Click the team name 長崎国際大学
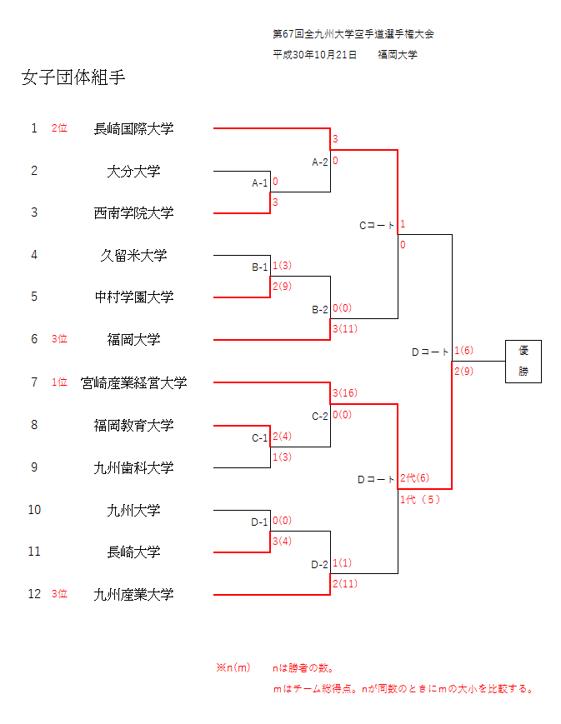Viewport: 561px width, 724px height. click(133, 128)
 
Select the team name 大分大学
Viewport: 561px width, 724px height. click(133, 171)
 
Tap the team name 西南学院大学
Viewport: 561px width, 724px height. click(133, 212)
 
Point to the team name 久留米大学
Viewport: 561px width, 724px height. click(133, 255)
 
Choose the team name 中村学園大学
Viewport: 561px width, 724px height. click(133, 297)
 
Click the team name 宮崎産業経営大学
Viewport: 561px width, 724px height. click(133, 382)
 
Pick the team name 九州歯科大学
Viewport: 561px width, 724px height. click(133, 467)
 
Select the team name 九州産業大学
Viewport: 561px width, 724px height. click(133, 594)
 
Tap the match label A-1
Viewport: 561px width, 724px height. click(260, 182)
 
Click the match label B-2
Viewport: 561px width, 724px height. click(320, 309)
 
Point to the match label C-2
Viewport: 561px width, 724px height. click(320, 416)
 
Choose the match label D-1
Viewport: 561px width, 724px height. click(260, 522)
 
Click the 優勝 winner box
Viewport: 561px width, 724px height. click(523, 361)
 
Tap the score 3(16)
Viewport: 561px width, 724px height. click(345, 393)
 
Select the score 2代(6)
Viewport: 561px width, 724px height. click(414, 478)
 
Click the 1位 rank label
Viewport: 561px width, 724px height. click(59, 382)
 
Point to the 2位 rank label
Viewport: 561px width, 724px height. click(59, 128)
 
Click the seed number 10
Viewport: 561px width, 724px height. click(34, 510)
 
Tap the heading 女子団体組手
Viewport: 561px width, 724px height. click(73, 78)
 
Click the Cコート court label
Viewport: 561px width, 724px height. click(377, 225)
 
